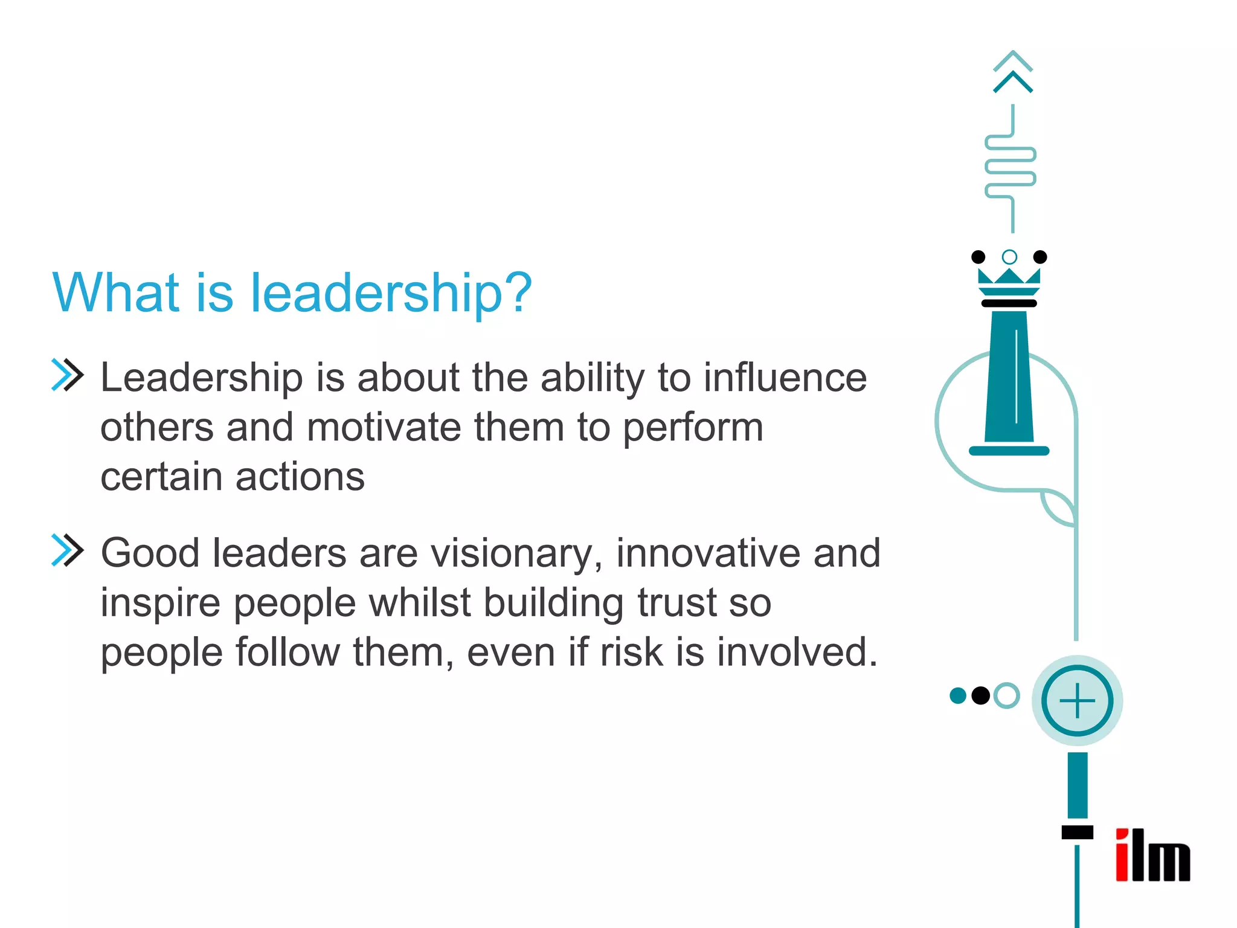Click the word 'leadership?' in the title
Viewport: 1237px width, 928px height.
pos(391,294)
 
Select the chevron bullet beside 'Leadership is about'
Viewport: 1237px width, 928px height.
pos(67,375)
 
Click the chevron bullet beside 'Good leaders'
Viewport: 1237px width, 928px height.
pos(67,550)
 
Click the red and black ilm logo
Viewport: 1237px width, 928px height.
pos(1152,855)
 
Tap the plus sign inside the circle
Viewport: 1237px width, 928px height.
pos(1077,701)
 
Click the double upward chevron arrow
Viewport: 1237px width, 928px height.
pos(1013,72)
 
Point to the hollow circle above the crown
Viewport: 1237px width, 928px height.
pos(1009,257)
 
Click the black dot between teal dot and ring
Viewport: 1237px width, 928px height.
pos(981,696)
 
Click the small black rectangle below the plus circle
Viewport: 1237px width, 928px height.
pos(1077,832)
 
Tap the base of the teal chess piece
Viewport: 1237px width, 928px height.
pos(1009,450)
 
